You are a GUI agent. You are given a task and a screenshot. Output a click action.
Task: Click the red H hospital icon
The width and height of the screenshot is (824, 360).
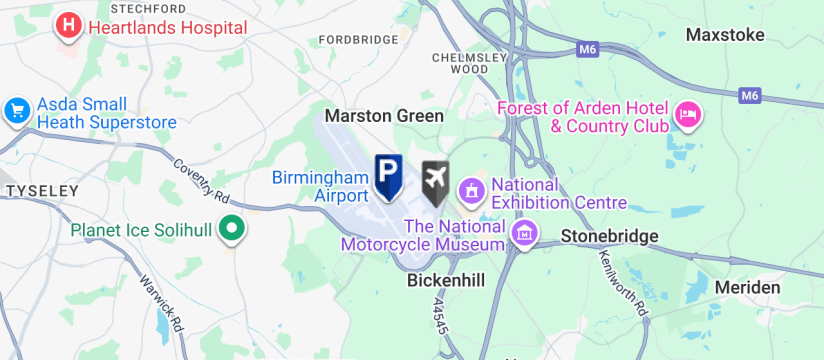(x=68, y=26)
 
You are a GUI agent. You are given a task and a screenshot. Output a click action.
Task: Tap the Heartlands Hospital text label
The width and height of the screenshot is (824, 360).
(x=167, y=27)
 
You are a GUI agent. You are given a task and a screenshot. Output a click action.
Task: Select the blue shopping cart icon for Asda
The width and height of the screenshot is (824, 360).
(x=17, y=111)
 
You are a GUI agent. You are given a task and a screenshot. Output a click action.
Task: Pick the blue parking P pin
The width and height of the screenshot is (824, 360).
(x=388, y=175)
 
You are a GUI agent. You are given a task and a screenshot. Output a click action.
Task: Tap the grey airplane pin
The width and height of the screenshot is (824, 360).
(x=436, y=180)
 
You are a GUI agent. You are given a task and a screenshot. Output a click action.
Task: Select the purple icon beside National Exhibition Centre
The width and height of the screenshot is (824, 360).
(x=470, y=188)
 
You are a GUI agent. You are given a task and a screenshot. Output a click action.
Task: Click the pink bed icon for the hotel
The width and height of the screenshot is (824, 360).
(x=688, y=115)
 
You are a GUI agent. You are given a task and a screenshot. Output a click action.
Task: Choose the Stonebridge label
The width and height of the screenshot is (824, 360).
(x=610, y=236)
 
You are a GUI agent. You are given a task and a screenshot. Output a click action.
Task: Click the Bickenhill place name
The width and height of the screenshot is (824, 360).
(x=446, y=281)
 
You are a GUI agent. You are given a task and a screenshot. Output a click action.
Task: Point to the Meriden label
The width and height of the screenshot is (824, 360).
(x=748, y=288)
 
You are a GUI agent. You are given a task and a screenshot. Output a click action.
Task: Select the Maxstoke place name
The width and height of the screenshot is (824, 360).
(x=725, y=35)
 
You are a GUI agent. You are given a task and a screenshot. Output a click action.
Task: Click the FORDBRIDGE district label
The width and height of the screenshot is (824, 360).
(x=358, y=40)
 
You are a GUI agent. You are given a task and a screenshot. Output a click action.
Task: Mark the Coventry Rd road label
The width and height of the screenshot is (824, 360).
(x=200, y=178)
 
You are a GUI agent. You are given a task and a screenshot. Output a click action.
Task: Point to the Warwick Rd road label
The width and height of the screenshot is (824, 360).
(x=162, y=304)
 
